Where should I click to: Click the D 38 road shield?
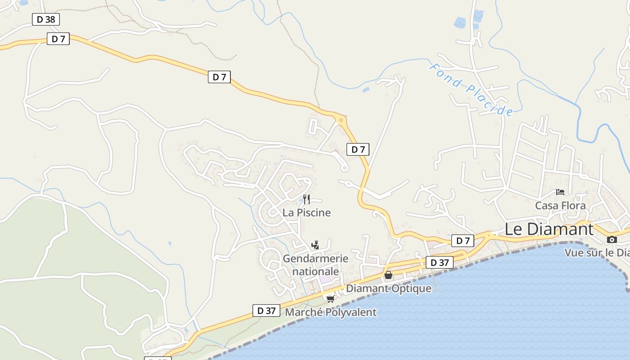[x=46, y=19]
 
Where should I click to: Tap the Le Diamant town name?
[x=549, y=229]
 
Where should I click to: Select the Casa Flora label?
[x=560, y=206]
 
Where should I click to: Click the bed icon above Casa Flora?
[x=560, y=192]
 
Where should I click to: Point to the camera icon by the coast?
[x=612, y=239]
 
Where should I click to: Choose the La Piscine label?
[x=306, y=212]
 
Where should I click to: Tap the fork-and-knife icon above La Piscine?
[x=306, y=199]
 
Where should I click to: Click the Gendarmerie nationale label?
[x=315, y=265]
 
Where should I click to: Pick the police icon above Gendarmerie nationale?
[x=315, y=245]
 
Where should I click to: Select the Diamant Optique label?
[x=388, y=288]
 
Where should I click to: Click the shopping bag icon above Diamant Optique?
[x=388, y=275]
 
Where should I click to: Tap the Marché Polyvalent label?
[x=331, y=312]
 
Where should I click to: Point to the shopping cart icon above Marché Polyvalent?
[x=331, y=299]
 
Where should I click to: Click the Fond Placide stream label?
[x=471, y=90]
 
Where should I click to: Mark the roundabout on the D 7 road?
[x=341, y=120]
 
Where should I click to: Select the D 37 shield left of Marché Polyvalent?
[x=266, y=310]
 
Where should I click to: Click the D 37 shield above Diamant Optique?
[x=440, y=262]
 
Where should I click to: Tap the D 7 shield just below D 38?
[x=58, y=39]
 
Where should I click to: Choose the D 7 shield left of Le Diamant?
[x=463, y=241]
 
